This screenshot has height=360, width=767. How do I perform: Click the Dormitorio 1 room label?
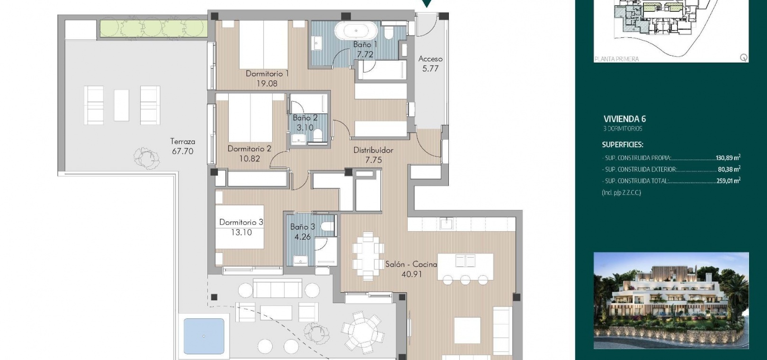pyautogui.click(x=267, y=73)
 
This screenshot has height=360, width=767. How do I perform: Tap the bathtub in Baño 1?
pyautogui.click(x=356, y=30)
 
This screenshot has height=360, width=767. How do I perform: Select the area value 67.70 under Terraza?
pyautogui.click(x=182, y=151)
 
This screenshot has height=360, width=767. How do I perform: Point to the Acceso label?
pyautogui.click(x=430, y=59)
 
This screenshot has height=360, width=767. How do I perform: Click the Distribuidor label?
pyautogui.click(x=373, y=150)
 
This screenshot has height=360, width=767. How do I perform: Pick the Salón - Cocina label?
pyautogui.click(x=411, y=264)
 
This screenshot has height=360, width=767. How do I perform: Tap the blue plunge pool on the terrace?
pyautogui.click(x=204, y=336)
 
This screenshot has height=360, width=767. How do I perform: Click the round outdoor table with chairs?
pyautogui.click(x=362, y=332)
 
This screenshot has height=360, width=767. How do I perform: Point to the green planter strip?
pyautogui.click(x=154, y=28)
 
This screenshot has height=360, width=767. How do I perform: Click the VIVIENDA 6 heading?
pyautogui.click(x=624, y=119)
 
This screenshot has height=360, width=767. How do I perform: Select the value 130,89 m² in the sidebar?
pyautogui.click(x=728, y=158)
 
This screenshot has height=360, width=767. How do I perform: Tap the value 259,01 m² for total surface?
pyautogui.click(x=728, y=180)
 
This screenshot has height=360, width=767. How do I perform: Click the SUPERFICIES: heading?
pyautogui.click(x=623, y=144)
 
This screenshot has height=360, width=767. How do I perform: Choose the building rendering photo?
pyautogui.click(x=671, y=301)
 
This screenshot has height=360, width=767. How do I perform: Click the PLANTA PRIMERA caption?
pyautogui.click(x=617, y=59)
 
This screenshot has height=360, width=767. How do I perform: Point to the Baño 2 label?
pyautogui.click(x=305, y=118)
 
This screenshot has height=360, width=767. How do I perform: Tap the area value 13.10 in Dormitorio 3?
pyautogui.click(x=241, y=232)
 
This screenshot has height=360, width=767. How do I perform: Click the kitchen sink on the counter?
pyautogui.click(x=446, y=224)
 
